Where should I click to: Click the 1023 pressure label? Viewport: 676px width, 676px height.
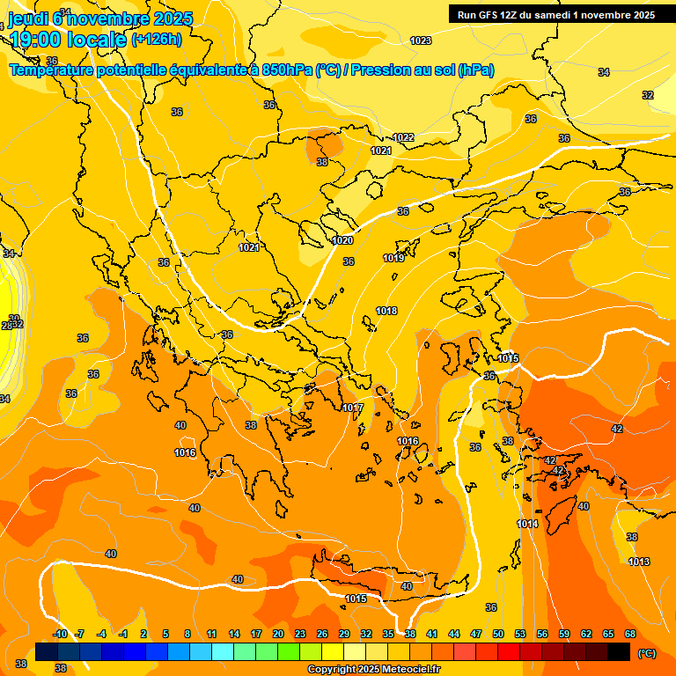coord(421,41)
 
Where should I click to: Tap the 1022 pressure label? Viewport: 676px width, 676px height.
coord(403,138)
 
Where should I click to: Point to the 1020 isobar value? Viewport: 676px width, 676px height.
coord(342,241)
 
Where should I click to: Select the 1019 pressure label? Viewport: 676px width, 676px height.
coord(393,259)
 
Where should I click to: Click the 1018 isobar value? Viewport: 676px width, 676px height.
coord(386,312)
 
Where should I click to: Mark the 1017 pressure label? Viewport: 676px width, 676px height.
coord(353,408)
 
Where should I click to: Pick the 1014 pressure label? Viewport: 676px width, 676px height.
coord(527,525)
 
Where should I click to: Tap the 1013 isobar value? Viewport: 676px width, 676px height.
coord(639,562)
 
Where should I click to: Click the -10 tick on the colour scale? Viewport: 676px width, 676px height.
coord(60,634)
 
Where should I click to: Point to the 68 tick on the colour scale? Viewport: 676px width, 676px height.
coord(630,634)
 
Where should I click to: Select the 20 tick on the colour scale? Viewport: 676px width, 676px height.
coord(277,634)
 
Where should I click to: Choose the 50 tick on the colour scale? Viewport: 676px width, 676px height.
coord(498,634)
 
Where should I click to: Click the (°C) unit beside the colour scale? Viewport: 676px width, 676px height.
coord(647,652)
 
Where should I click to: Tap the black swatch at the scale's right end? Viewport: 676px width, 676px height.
coord(619,651)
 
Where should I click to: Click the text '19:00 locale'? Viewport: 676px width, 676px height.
coord(68,40)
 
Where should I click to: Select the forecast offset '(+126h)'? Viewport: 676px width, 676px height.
coord(156,39)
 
